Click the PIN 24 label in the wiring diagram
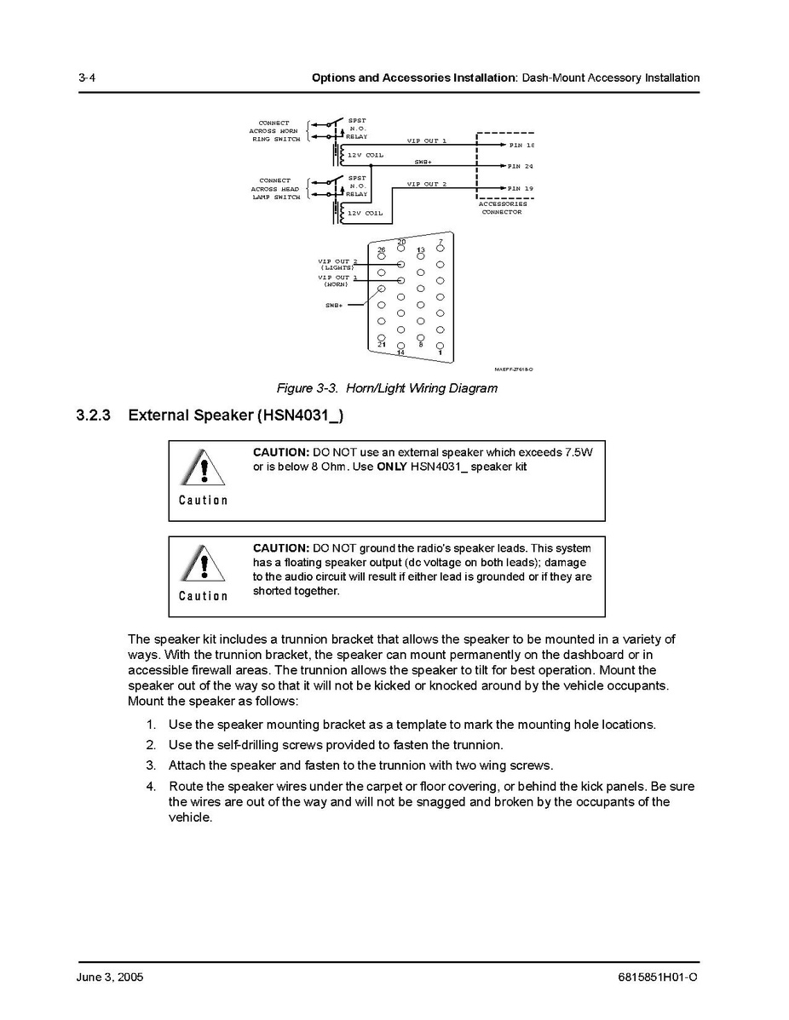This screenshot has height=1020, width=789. click(521, 166)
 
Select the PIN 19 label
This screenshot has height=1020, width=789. click(521, 188)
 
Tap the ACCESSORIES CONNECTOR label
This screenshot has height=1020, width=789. click(502, 208)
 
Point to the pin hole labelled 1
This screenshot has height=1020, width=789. click(441, 346)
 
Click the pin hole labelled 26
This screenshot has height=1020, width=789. click(382, 258)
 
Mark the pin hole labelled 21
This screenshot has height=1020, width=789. click(382, 336)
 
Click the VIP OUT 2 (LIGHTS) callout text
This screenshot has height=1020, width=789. click(337, 264)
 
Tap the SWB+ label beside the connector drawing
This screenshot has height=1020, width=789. click(333, 304)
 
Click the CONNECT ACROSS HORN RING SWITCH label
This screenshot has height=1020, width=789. click(274, 131)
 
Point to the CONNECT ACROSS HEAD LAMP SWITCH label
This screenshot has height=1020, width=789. click(275, 188)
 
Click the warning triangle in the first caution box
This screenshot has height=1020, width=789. click(204, 468)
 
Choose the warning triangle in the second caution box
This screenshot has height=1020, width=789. click(204, 564)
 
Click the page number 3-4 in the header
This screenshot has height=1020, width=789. click(85, 77)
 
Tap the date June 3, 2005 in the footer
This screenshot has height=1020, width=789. click(110, 977)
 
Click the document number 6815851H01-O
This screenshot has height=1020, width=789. click(656, 977)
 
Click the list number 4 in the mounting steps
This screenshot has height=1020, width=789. click(151, 786)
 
